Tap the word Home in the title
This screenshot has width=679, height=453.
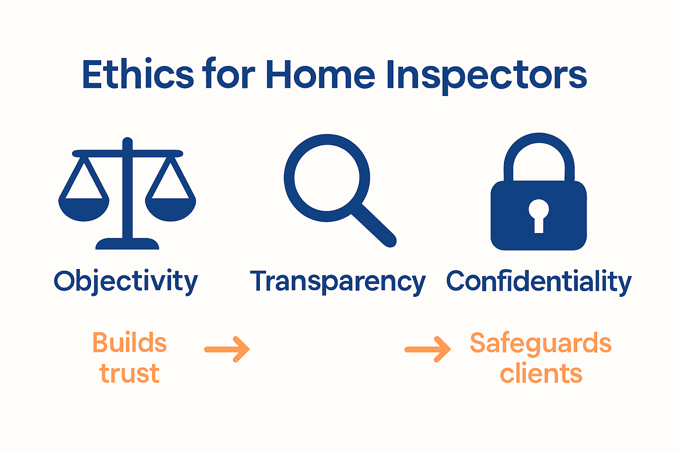[x=320, y=74]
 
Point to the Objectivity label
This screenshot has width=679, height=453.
[x=126, y=281]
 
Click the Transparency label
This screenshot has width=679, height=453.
[x=338, y=281]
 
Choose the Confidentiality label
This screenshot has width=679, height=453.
[x=539, y=281]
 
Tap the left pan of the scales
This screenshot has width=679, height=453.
[x=84, y=209]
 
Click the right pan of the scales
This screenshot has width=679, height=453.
[x=171, y=209]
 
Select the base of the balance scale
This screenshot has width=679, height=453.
[x=127, y=244]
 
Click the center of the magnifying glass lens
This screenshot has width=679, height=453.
[x=327, y=178]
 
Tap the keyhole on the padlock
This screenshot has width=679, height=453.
[x=539, y=214]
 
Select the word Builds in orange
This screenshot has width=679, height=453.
[x=130, y=343]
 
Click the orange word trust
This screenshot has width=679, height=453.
[x=130, y=373]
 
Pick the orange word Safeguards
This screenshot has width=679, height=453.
[x=541, y=343]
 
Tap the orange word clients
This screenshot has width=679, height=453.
[x=541, y=373]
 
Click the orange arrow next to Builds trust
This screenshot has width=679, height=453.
[x=227, y=349]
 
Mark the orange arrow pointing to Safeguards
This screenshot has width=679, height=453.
[x=428, y=349]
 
